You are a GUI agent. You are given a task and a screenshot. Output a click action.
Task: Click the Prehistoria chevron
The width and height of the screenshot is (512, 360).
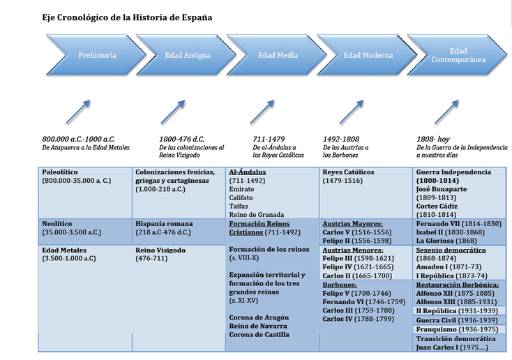coord(97,55)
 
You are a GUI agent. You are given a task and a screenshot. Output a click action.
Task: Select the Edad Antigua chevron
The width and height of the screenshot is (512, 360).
coord(187,55)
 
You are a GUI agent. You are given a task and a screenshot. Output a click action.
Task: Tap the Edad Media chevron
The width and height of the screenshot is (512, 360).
coord(277,55)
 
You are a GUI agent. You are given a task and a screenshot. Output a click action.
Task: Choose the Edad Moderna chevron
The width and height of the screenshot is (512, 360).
coord(368,55)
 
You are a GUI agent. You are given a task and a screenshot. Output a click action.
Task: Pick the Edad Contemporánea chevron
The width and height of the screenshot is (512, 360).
coord(458,55)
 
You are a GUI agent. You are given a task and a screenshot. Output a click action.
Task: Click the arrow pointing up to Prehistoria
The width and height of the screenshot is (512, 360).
coord(77,112)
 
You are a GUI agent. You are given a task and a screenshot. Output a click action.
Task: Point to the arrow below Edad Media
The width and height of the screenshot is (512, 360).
coord(262,112)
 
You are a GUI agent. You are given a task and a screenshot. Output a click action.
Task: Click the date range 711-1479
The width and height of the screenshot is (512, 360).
coord(269,139)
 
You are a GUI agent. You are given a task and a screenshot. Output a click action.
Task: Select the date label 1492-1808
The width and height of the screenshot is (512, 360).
coord(341,139)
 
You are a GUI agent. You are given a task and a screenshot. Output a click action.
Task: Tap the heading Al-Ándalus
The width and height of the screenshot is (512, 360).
coord(247,172)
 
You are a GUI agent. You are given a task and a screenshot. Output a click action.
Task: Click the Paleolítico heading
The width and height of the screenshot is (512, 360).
coord(60,172)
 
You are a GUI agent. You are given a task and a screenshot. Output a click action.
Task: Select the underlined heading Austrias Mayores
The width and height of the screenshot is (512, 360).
coord(353,224)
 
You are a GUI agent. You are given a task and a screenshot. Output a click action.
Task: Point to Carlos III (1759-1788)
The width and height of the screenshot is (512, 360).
coord(359,310)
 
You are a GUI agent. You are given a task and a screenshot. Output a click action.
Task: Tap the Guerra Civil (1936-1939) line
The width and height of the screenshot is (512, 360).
coord(457,320)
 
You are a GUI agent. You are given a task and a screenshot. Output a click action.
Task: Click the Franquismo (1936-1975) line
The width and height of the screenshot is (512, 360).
coord(457,329)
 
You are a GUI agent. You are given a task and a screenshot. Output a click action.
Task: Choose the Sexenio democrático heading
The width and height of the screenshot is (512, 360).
coord(451,250)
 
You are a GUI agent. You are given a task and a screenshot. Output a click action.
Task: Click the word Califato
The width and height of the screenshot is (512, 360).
coord(241,197)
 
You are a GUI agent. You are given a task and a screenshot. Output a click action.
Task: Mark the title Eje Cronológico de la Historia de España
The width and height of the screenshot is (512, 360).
coord(127,17)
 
